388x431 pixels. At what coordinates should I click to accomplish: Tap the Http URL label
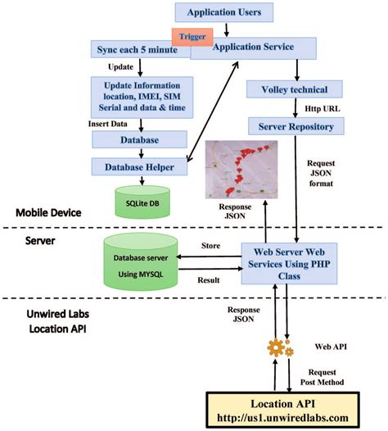coord(318,107)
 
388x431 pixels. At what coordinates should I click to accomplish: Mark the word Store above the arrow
coord(210,245)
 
